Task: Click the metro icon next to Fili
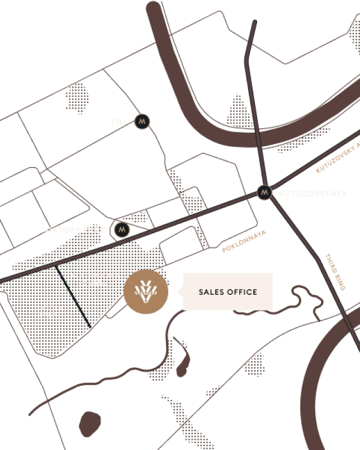pyautogui.click(x=142, y=121)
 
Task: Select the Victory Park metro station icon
pyautogui.click(x=122, y=229)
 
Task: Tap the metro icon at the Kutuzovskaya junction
pyautogui.click(x=264, y=192)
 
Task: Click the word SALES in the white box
pyautogui.click(x=211, y=292)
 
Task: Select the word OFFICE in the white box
pyautogui.click(x=242, y=292)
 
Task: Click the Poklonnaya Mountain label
pyautogui.click(x=96, y=278)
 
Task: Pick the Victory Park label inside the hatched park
pyautogui.click(x=48, y=311)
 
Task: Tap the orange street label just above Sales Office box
pyautogui.click(x=244, y=241)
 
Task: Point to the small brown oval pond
pyautogui.click(x=88, y=422)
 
